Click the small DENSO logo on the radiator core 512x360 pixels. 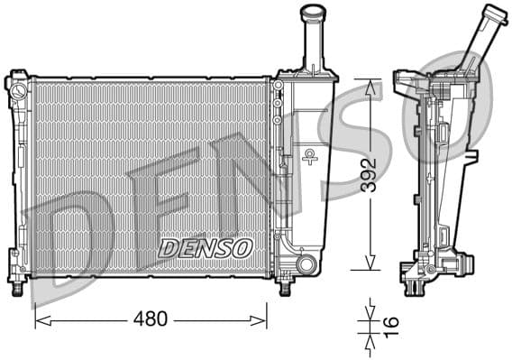pyautogui.click(x=205, y=246)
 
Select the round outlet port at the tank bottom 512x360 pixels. pyautogui.click(x=306, y=264)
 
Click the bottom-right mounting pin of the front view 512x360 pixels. pyautogui.click(x=285, y=287)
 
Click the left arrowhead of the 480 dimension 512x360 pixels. pyautogui.click(x=39, y=319)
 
